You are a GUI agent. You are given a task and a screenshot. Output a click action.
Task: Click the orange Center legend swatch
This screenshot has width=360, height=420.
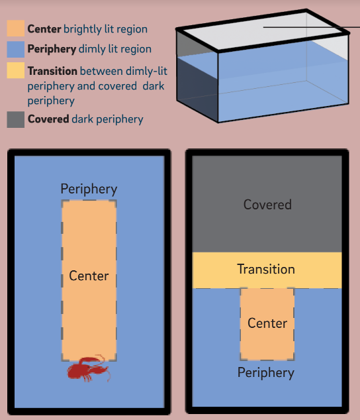(15, 28)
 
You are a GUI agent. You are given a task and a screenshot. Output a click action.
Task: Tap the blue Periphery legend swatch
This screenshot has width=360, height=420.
(15, 49)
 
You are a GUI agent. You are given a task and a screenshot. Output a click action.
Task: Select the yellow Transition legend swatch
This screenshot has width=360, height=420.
(15, 70)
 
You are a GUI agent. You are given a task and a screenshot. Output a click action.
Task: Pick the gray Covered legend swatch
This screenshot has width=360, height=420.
(15, 119)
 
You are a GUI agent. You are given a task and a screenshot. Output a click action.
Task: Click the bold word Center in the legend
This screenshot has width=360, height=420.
(44, 29)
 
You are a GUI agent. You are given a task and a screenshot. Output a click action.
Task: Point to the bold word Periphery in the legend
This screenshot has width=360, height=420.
(52, 49)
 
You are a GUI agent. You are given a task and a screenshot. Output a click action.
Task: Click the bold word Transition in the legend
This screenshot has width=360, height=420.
(52, 71)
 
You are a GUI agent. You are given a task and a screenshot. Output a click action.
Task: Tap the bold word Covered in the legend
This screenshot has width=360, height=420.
(48, 119)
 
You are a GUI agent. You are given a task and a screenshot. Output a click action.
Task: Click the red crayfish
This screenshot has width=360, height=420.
(89, 368)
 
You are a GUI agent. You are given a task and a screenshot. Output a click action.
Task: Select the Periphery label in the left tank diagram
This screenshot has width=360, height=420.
(89, 189)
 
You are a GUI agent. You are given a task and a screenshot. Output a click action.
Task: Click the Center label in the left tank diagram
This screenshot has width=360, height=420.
(89, 276)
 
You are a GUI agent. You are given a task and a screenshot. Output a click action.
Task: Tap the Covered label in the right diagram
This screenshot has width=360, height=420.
(267, 205)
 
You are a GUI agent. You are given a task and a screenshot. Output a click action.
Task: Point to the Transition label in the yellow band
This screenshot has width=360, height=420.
(266, 269)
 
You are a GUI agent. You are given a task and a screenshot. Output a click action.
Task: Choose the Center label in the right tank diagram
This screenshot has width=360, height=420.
(267, 323)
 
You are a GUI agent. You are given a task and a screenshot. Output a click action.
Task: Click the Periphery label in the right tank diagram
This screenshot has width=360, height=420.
(266, 373)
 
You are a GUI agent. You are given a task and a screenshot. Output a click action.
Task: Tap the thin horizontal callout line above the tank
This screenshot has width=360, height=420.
(312, 27)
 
